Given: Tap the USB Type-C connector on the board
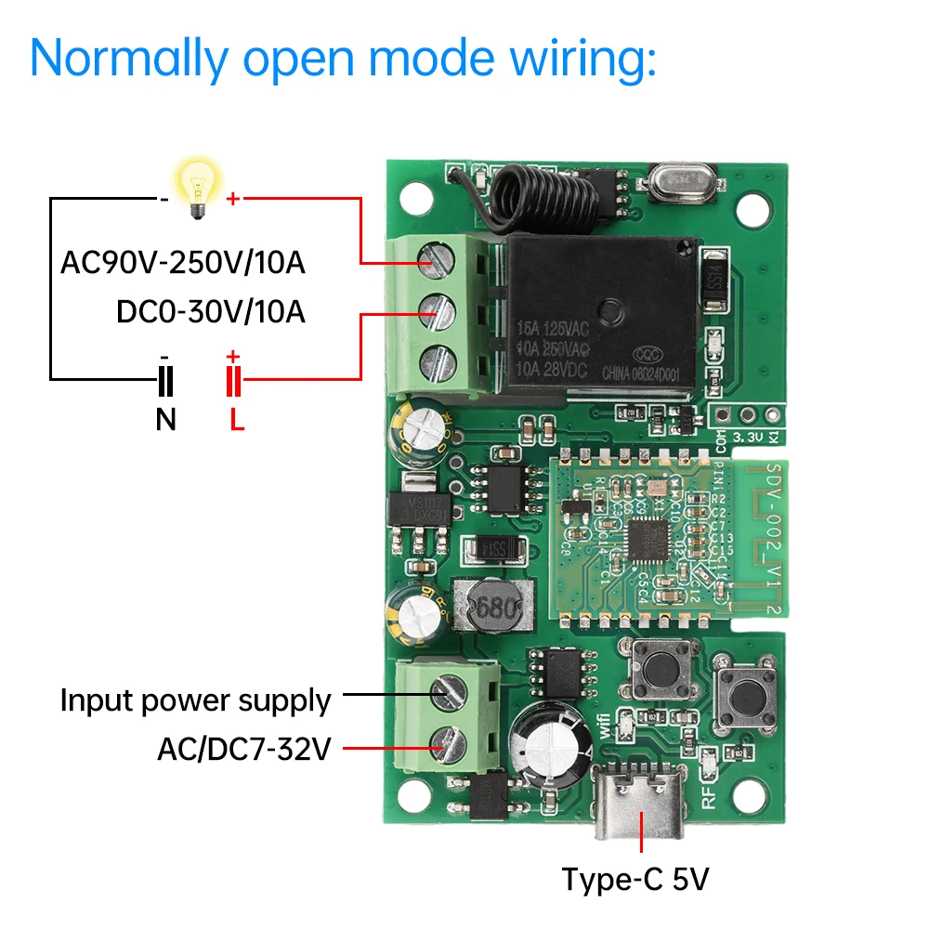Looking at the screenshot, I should (x=641, y=801).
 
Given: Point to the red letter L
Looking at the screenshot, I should (x=237, y=421).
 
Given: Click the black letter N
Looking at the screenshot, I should (x=165, y=421).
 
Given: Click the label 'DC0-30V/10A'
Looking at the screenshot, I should (x=211, y=311).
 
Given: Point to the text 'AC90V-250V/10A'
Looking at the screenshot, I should (x=183, y=263).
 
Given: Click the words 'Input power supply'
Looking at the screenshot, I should (x=195, y=700).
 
